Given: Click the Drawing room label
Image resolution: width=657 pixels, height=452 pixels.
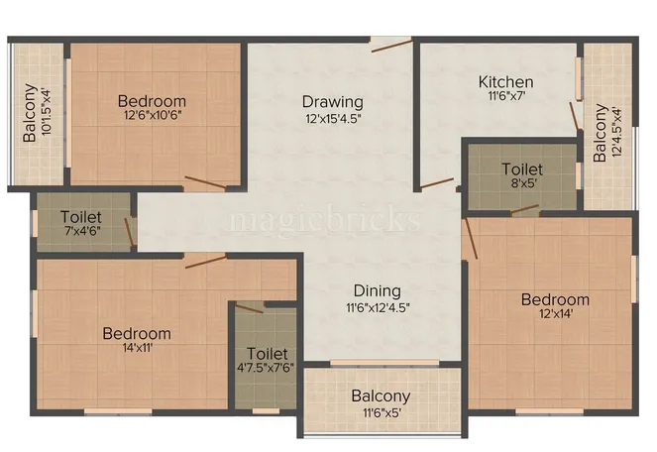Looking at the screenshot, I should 333,101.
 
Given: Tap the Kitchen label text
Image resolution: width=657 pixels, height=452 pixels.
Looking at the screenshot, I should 505,81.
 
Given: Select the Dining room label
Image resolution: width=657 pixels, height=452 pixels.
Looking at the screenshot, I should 377,290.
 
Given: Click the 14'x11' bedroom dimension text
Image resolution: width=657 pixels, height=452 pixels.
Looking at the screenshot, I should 137,348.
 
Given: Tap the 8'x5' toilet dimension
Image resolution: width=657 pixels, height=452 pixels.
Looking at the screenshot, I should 521,183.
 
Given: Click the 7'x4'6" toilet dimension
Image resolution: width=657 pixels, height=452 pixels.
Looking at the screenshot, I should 82,231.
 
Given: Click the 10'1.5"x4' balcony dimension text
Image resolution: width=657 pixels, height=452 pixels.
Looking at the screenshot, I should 46,113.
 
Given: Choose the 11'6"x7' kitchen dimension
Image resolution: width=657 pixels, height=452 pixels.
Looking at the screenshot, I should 505,97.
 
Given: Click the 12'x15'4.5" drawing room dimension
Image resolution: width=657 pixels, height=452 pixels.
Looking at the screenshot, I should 333,117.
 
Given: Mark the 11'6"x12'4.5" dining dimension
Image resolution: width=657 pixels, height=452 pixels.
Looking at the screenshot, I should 377,306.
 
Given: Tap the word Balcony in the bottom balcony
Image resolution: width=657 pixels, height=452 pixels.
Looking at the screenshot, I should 381,396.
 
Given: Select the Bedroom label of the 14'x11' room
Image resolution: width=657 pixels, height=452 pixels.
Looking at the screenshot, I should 137,333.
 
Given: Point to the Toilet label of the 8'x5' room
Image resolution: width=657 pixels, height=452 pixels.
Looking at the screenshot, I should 521,169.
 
